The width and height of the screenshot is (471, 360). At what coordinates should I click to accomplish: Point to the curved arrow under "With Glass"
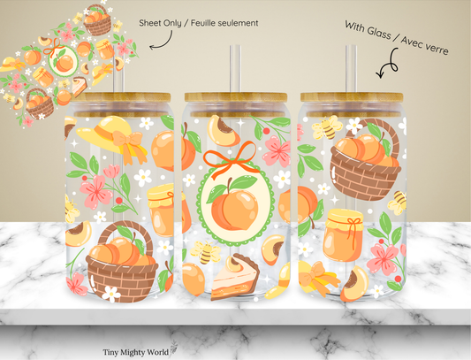click(x=386, y=67)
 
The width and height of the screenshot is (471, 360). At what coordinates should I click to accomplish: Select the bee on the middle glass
click(x=204, y=253)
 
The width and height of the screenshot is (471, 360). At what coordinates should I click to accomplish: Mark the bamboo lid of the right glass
click(x=351, y=99)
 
